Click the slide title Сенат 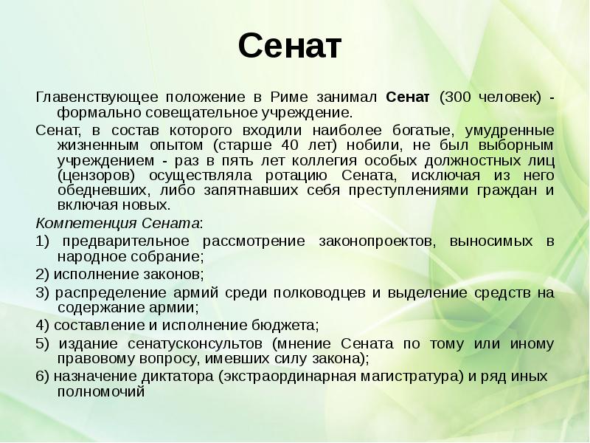[291, 47]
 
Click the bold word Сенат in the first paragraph [409, 97]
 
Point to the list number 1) [42, 241]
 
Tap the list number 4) [42, 325]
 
